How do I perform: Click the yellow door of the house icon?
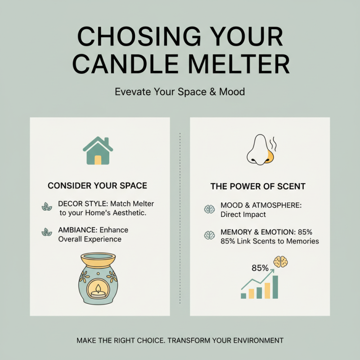coord(98,160)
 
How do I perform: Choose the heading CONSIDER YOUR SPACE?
coord(97,185)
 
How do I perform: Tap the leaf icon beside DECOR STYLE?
coord(46,207)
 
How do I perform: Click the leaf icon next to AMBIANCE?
coord(46,233)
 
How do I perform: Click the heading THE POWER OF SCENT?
coord(258,186)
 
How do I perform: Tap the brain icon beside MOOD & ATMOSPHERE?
coord(209,209)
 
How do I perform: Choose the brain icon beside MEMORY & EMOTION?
coord(209,235)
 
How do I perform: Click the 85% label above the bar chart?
coord(260,268)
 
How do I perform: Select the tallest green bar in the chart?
coord(275,287)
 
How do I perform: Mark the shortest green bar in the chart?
coord(243,296)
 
